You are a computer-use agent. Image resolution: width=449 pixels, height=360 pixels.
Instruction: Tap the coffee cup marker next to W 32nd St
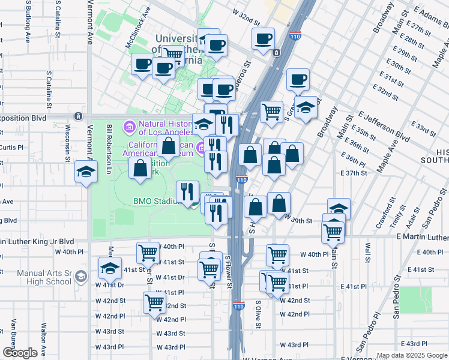[263, 40]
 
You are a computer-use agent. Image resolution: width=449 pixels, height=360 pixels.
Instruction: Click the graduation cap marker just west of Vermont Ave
[86, 172]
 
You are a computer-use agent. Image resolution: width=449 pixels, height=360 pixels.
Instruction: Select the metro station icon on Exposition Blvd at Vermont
[78, 115]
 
